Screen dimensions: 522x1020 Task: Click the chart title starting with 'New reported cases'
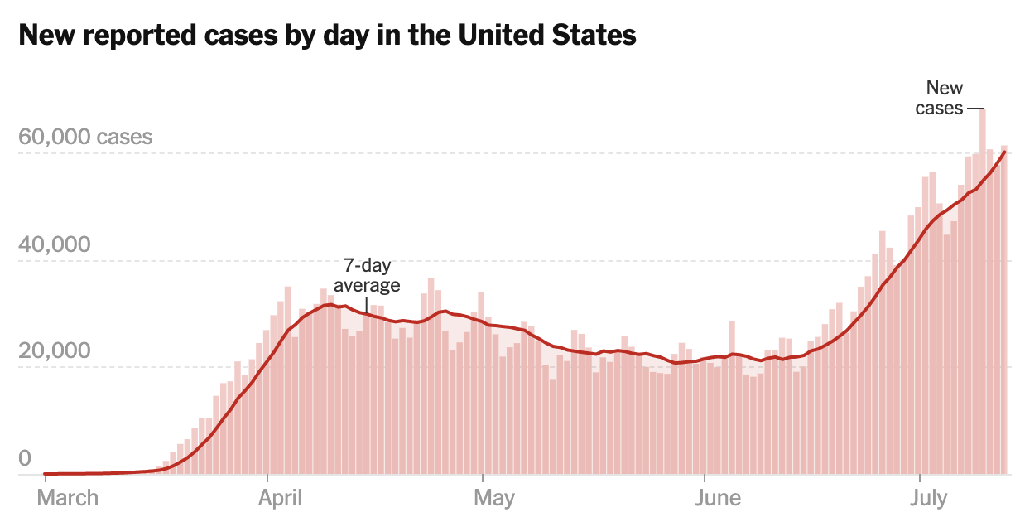pyautogui.click(x=327, y=36)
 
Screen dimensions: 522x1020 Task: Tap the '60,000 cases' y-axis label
pyautogui.click(x=85, y=136)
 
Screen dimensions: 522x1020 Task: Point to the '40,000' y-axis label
pyautogui.click(x=55, y=245)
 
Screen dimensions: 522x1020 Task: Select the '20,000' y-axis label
pyautogui.click(x=55, y=351)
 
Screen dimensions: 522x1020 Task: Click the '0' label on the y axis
pyautogui.click(x=25, y=458)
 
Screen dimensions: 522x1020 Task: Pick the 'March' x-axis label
pyautogui.click(x=69, y=498)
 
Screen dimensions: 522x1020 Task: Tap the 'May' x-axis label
pyautogui.click(x=494, y=498)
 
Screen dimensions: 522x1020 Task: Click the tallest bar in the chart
pyautogui.click(x=982, y=290)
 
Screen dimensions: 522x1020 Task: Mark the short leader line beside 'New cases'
pyautogui.click(x=974, y=109)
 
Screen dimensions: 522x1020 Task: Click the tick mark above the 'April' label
pyautogui.click(x=267, y=478)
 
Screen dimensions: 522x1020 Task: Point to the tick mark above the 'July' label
pyautogui.click(x=919, y=478)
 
